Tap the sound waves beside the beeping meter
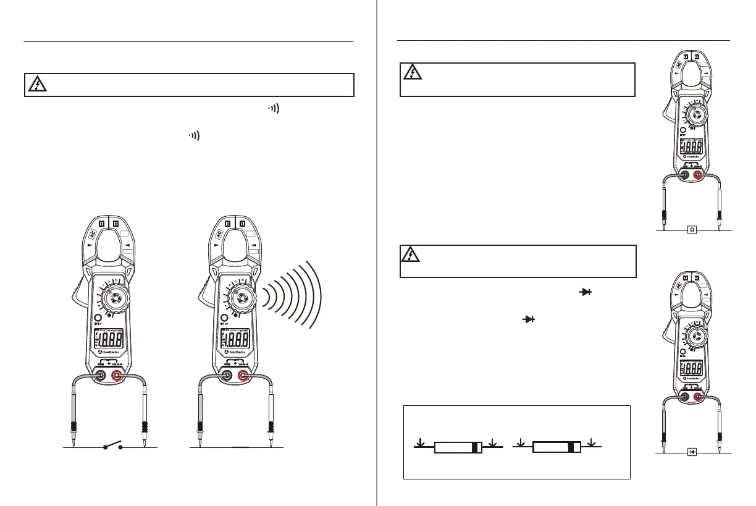(293, 291)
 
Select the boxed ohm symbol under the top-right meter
(692, 229)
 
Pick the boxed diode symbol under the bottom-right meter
(692, 452)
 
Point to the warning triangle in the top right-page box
(411, 74)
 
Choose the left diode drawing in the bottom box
(456, 447)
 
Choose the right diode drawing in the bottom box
(556, 447)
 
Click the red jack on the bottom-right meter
(699, 397)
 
